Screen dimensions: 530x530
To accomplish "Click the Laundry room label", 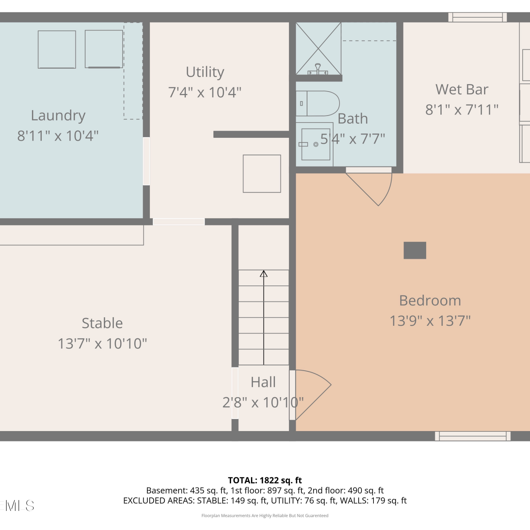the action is [58, 116].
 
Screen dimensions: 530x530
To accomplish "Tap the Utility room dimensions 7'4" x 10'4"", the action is [205, 93].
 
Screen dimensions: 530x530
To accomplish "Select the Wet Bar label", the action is [462, 89].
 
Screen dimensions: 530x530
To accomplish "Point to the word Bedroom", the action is [430, 301].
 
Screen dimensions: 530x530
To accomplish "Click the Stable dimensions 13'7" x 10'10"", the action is [102, 343].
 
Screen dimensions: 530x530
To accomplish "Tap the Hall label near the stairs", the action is [263, 382].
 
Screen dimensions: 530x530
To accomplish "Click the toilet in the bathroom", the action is [318, 104].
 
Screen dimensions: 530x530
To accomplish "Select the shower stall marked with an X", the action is [318, 49].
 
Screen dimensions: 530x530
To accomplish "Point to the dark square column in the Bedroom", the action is [415, 251].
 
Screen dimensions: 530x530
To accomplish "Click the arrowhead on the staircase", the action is [264, 273].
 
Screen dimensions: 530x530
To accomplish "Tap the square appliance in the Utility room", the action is [262, 174].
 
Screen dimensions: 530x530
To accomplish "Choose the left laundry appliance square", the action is [57, 49].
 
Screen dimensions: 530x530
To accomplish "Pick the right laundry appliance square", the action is [104, 49].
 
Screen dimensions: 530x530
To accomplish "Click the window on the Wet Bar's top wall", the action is [478, 17].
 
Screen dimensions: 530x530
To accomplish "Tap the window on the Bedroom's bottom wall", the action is [473, 436].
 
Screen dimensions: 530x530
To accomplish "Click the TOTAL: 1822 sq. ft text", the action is [265, 480].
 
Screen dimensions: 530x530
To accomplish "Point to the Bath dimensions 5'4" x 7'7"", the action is [353, 139].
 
